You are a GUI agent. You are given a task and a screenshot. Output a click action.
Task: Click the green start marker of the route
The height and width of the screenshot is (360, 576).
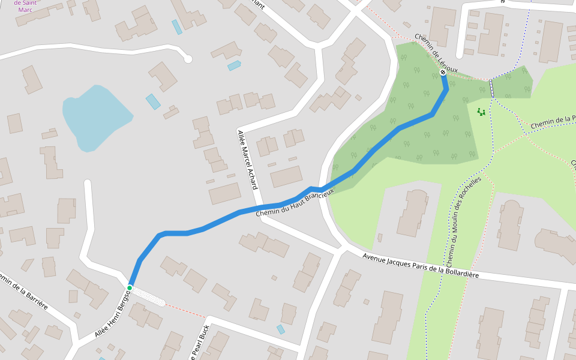pos(129,288)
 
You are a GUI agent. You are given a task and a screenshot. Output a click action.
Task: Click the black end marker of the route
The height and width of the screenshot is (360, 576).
pos(443,73)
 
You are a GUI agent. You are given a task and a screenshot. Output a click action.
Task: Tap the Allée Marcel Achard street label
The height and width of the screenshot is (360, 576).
pos(247,160)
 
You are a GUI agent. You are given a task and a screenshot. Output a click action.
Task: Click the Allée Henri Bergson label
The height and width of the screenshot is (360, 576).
pos(112,313)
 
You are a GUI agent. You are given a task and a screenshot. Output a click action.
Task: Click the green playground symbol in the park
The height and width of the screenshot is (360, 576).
pos(481,111)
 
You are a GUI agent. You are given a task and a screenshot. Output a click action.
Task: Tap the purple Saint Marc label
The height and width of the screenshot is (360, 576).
pos(25,5)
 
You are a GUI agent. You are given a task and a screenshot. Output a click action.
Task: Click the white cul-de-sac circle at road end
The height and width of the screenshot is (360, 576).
pos(188,59)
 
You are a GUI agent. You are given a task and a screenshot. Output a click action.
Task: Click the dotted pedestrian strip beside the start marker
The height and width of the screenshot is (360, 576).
pos(148,295)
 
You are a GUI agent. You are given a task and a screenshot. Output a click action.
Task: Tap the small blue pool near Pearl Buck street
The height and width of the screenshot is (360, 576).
pos(281,329)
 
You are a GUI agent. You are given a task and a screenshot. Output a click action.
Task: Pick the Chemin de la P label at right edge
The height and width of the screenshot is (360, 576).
pos(553,121)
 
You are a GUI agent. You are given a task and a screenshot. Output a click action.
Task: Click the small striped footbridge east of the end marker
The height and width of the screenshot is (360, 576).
pos(492,88)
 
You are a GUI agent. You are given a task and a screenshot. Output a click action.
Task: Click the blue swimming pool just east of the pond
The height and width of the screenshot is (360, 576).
pos(153,101)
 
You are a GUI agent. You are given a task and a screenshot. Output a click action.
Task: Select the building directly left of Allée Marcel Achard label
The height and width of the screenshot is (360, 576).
pos(224,194)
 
